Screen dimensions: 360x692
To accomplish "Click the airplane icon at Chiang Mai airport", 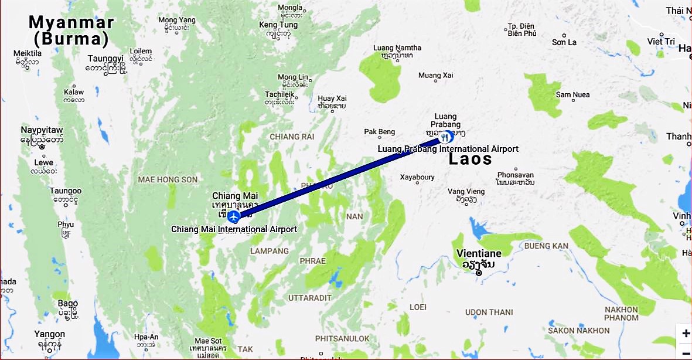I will click(x=234, y=217).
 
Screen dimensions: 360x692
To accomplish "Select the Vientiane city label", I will click(x=479, y=253).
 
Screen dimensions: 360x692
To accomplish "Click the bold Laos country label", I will click(x=470, y=159).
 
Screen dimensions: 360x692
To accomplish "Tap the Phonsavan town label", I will click(x=516, y=175).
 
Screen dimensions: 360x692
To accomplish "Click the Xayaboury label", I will click(x=417, y=177).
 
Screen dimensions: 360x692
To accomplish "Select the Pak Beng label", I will click(x=380, y=132).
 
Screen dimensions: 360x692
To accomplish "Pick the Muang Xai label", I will click(x=436, y=75).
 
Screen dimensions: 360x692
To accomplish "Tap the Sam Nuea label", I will click(x=571, y=94).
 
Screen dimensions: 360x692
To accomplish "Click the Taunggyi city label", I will click(x=106, y=59).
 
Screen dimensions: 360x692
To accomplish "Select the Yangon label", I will click(x=49, y=334).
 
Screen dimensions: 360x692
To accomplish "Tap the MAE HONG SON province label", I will click(x=168, y=179).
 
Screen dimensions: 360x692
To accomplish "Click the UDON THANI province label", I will click(x=488, y=312).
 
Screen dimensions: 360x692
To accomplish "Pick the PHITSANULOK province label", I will click(x=342, y=338).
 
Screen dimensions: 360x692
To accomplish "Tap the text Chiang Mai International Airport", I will click(x=234, y=229).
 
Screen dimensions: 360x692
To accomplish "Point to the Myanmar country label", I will click(x=71, y=23).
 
